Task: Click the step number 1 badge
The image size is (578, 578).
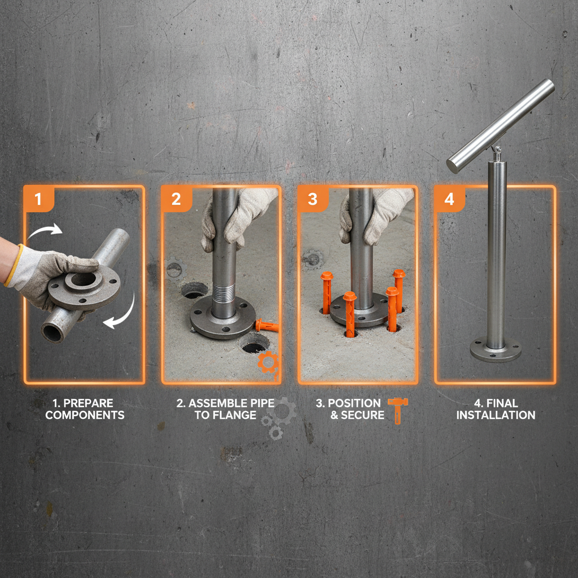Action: click(38, 199)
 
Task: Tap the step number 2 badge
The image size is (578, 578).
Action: click(176, 199)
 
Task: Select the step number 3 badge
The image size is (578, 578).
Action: click(312, 199)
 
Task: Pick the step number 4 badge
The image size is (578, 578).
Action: click(449, 199)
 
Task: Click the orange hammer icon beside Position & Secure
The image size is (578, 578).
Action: click(398, 409)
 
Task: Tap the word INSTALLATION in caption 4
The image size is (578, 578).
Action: click(496, 415)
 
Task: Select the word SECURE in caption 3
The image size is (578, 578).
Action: click(362, 415)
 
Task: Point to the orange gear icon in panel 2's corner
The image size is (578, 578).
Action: click(268, 362)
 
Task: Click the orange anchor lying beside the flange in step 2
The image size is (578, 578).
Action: click(266, 326)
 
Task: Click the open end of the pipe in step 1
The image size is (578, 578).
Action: click(52, 331)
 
